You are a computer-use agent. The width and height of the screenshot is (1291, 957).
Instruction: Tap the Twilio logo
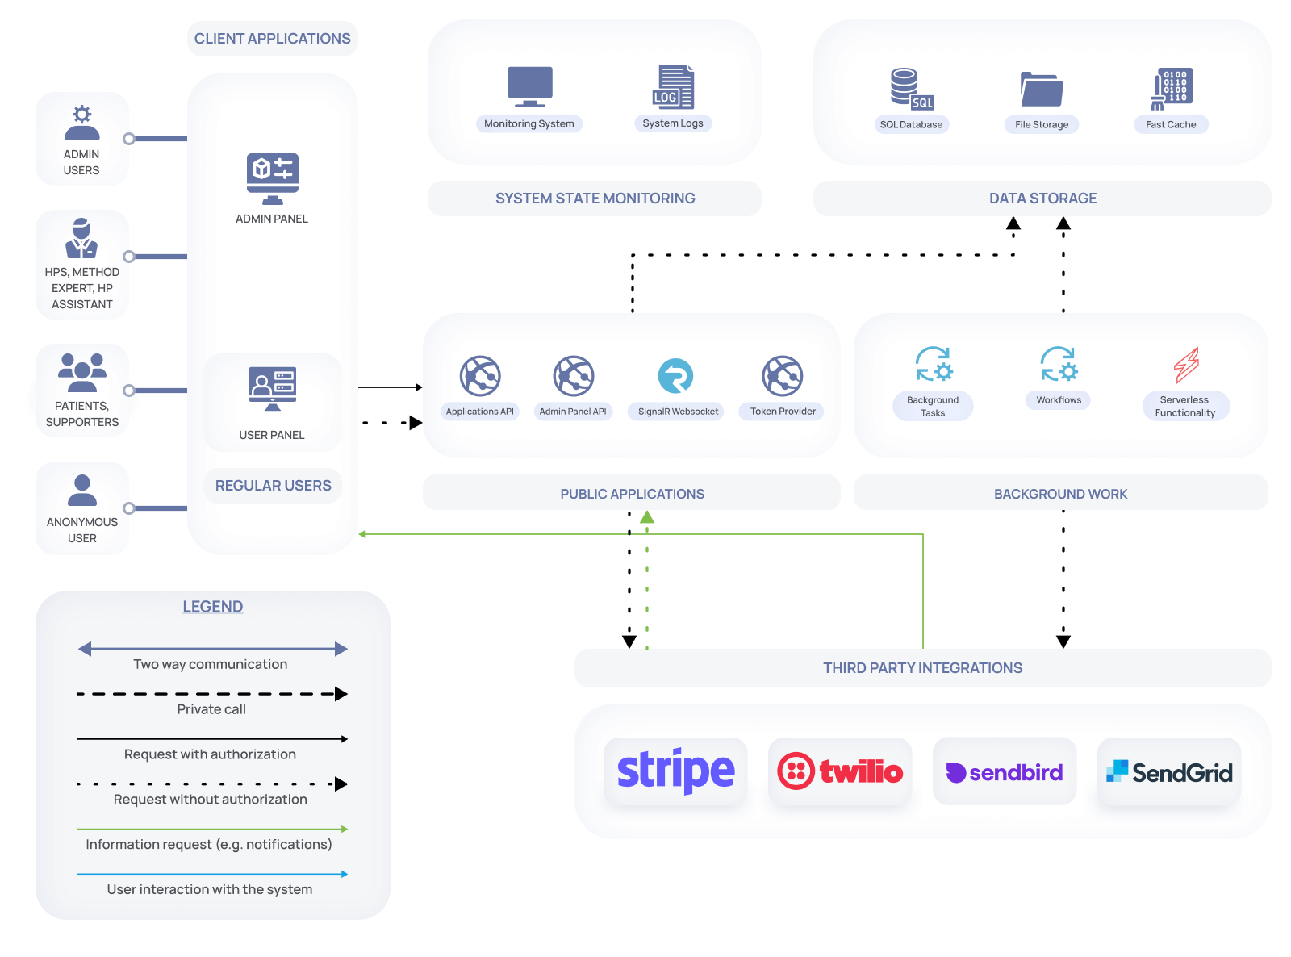pyautogui.click(x=839, y=771)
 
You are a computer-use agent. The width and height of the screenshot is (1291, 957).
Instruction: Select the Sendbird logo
pyautogui.click(x=1004, y=772)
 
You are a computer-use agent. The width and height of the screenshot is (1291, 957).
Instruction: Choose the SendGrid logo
pyautogui.click(x=1169, y=772)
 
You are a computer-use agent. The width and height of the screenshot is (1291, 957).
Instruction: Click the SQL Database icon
pyautogui.click(x=912, y=89)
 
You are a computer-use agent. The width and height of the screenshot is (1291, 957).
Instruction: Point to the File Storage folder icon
pyautogui.click(x=1042, y=89)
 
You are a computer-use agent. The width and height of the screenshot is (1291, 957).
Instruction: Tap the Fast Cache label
pyautogui.click(x=1171, y=124)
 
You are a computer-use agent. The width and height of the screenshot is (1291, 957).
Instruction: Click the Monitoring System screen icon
pyautogui.click(x=529, y=86)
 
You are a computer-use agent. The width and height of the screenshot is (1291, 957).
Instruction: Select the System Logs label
pyautogui.click(x=672, y=123)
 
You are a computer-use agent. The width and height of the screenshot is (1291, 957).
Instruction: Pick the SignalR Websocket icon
pyautogui.click(x=675, y=375)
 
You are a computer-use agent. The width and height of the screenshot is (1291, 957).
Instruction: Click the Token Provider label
pyautogui.click(x=783, y=411)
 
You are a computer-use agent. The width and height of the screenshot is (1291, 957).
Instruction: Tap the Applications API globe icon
pyautogui.click(x=479, y=376)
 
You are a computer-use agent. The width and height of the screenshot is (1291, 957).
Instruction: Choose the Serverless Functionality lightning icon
pyautogui.click(x=1185, y=365)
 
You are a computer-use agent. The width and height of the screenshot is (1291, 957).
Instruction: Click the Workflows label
pyautogui.click(x=1058, y=400)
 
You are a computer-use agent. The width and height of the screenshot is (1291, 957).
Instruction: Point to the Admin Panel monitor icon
pyautogui.click(x=273, y=178)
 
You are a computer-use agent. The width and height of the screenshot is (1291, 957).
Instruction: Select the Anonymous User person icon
pyautogui.click(x=82, y=490)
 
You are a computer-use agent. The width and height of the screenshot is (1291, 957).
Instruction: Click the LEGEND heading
pyautogui.click(x=212, y=607)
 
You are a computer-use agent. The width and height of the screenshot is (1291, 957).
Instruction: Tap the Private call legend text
pyautogui.click(x=211, y=709)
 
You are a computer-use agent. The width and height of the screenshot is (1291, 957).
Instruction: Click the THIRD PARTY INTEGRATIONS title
pyautogui.click(x=922, y=667)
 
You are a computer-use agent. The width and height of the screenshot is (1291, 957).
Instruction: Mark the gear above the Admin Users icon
pyautogui.click(x=82, y=114)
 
